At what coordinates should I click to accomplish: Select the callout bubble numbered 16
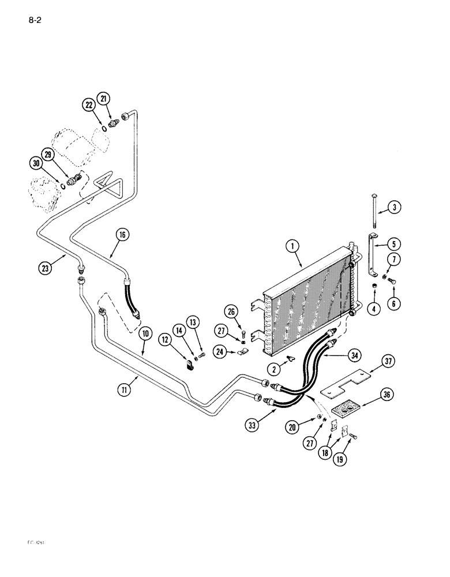122,235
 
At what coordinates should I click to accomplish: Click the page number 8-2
36,22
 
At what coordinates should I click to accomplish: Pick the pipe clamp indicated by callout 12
190,365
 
